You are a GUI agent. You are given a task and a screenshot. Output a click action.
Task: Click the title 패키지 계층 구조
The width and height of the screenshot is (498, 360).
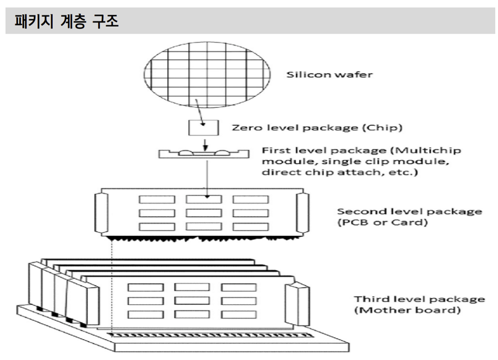coord(62,21)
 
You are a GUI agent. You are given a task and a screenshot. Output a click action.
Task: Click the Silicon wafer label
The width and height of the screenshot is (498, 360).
coord(328,74)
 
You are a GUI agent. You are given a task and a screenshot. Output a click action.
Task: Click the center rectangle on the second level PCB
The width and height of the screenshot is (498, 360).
coord(203,212)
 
